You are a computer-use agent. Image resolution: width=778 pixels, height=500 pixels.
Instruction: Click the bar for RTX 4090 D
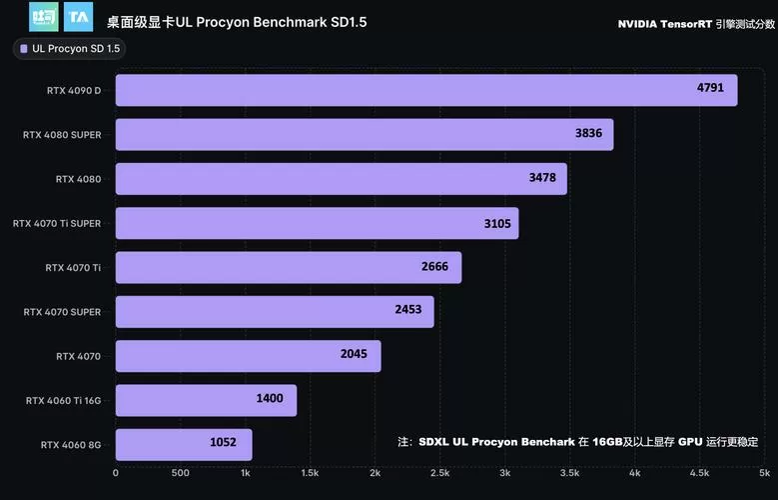coord(426,90)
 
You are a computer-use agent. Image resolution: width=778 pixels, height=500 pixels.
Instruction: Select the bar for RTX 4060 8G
coord(184,444)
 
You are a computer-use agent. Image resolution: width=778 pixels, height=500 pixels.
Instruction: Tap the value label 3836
coord(588,134)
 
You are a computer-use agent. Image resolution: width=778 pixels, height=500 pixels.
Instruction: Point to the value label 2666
coord(434,267)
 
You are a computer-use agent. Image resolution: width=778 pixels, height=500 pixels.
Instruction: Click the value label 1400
coord(270,399)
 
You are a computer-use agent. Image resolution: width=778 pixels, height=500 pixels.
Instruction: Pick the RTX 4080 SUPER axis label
coord(62,135)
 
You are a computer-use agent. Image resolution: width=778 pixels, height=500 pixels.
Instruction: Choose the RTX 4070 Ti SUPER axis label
coord(57,224)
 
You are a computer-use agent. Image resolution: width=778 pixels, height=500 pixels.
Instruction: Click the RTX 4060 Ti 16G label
coord(63,400)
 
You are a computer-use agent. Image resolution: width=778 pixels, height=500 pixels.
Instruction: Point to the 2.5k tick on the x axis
coord(439,473)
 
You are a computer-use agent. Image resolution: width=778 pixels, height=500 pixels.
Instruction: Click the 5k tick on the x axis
coord(764,473)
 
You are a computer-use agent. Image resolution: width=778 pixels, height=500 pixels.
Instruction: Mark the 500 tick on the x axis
coord(181,473)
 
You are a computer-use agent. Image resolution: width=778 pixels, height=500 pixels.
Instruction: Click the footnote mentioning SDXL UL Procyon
coord(577,442)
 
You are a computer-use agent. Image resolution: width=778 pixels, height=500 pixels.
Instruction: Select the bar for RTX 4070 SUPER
coord(275,311)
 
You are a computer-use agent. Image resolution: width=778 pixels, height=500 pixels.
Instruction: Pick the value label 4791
coord(710,88)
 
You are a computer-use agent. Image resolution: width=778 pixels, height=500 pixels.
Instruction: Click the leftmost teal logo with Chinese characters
coord(44,17)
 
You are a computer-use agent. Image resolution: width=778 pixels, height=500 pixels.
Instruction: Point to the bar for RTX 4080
coord(341,179)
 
